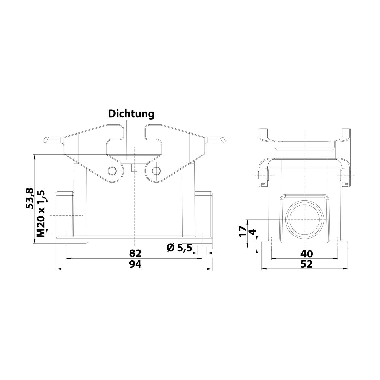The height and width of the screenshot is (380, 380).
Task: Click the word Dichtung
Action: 131,114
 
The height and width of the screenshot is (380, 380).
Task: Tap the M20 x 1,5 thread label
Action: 41,213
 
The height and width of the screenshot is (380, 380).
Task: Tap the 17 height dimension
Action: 243,231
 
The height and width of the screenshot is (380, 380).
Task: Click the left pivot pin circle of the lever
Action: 111,171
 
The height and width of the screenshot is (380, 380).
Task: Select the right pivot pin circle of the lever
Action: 156,171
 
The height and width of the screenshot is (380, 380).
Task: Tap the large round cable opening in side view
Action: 304,220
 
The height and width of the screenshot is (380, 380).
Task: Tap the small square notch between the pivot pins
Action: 134,168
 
